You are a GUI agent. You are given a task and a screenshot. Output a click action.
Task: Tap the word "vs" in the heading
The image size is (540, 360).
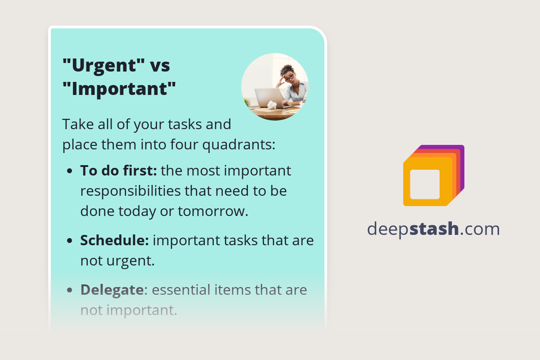coord(160,66)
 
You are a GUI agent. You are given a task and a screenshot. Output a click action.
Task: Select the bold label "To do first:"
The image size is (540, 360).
coord(118,171)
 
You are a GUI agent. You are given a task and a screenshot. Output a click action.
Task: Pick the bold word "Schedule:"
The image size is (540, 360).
coord(114,240)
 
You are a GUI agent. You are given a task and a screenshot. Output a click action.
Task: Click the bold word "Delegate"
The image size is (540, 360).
coord(112,290)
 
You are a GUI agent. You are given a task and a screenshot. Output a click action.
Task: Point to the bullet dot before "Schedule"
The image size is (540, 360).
coord(69,241)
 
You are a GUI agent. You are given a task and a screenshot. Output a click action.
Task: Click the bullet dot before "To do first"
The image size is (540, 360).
coord(69,172)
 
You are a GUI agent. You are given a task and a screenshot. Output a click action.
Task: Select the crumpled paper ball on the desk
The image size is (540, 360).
coord(272,105)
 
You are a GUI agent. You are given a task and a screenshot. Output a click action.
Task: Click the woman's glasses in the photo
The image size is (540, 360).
coord(288,76)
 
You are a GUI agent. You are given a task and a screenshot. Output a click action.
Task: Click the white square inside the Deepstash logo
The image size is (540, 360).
coord(425,184)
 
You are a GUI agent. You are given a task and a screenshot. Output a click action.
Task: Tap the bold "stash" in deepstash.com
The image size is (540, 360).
coord(435,229)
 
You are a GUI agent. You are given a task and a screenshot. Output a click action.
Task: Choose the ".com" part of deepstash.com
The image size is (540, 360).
coord(480,229)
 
